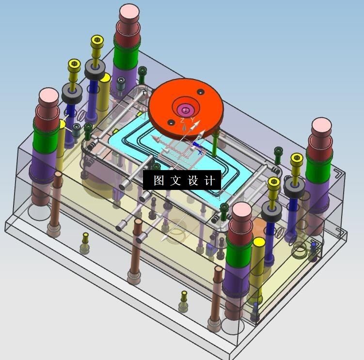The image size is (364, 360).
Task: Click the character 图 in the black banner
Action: pos(159,180)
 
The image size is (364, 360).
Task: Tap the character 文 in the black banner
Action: pos(175,180)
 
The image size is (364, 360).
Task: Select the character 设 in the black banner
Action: pos(193,180)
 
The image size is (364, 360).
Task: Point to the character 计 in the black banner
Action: pos(209,180)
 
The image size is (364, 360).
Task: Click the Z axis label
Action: pos(182,121)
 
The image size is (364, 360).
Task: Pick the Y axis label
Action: pos(192,120)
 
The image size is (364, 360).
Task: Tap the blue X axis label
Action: pos(200,153)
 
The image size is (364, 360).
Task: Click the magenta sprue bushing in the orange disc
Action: pos(185,110)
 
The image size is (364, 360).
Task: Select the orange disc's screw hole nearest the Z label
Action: pos(171,122)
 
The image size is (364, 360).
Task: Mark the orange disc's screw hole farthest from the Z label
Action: pos(201,92)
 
